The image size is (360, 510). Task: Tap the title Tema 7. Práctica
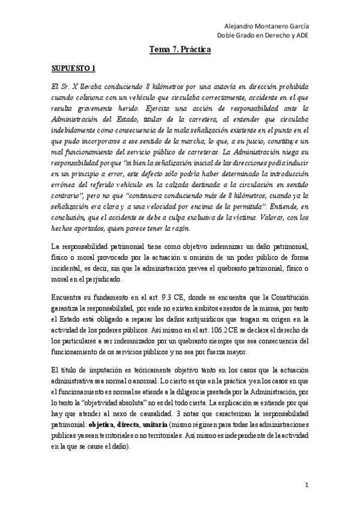180,52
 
